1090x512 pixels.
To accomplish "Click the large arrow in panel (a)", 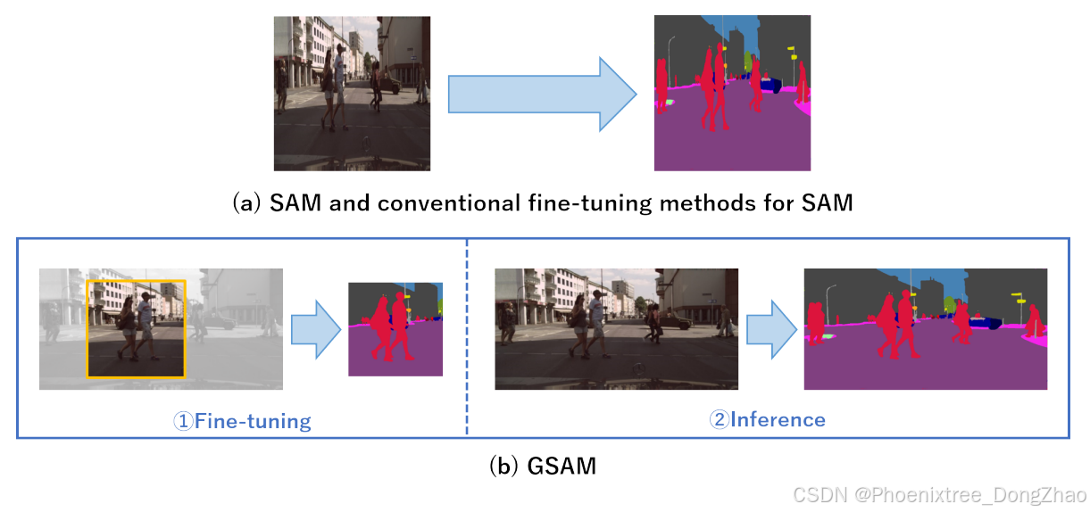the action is [x=540, y=95].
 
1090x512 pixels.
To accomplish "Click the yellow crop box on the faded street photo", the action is [x=136, y=281].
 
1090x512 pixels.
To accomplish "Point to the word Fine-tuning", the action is [x=253, y=420].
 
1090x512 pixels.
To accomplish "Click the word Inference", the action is [x=778, y=419].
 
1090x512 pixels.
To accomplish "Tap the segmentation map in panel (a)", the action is [x=732, y=93].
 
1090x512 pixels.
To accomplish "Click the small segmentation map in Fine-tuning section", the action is [x=395, y=329].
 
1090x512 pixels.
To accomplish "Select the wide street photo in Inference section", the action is [x=617, y=329].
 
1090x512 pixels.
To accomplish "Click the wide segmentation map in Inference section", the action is [x=925, y=329].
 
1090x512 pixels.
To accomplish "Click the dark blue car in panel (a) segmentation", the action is [x=770, y=86].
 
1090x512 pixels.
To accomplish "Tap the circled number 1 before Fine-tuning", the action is [x=183, y=421].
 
